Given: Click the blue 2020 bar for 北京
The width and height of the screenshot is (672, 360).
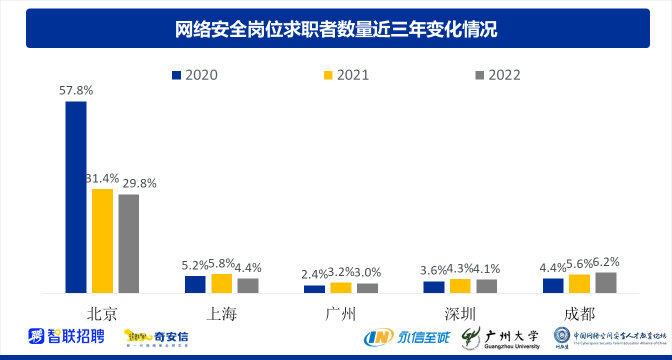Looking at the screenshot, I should tap(76, 197).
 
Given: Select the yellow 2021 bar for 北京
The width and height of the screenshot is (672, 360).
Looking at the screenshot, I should tap(102, 240).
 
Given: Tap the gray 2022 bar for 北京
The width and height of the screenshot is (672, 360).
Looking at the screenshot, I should tap(128, 243).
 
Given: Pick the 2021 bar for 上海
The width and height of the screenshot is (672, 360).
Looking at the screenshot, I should tap(221, 283).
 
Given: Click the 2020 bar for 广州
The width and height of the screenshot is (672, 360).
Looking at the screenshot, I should tap(314, 289).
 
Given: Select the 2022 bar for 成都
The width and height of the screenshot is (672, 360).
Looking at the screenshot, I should tap(606, 282).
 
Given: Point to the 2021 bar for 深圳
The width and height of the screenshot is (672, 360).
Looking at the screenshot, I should tap(460, 285).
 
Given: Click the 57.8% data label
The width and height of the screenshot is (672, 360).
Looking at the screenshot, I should tap(76, 90).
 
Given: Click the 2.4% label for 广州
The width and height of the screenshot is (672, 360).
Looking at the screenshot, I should tap(314, 273).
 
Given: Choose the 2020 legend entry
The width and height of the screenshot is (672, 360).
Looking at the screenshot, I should tap(195, 75).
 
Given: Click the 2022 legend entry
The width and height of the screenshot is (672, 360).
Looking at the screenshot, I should tap(498, 75).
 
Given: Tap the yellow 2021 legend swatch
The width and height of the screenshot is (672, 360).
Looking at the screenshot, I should tap(328, 75).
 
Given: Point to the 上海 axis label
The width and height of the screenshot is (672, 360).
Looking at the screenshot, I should tap(221, 314).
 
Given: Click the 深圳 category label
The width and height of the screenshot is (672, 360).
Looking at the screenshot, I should tap(460, 314).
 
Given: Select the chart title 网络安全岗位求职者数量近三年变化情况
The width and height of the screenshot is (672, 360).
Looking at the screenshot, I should tap(336, 29).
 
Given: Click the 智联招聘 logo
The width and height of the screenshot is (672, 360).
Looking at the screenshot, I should tap(66, 335).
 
